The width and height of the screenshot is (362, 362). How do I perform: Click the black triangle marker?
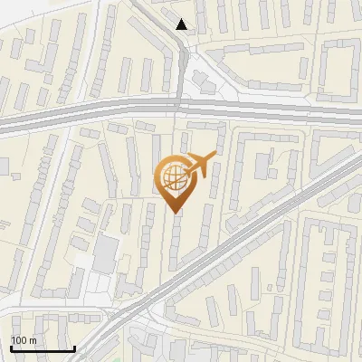[x=183, y=24]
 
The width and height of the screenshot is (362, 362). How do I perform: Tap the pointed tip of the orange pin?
[x=172, y=212]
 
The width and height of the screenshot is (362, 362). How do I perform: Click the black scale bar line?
[x=42, y=348]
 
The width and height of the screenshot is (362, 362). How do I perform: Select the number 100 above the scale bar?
[x=19, y=340]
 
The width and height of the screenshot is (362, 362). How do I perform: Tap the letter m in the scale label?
[x=33, y=340]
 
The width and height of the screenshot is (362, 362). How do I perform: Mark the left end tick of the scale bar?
[x=11, y=347]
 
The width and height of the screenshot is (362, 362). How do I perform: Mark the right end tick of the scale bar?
[x=73, y=347]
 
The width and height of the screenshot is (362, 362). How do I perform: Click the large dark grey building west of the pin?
[x=106, y=252]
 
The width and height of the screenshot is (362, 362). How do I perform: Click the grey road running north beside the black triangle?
[x=181, y=72]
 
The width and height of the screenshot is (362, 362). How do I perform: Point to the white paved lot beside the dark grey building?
[x=86, y=262]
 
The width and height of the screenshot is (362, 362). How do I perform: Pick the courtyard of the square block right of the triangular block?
[x=339, y=68]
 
